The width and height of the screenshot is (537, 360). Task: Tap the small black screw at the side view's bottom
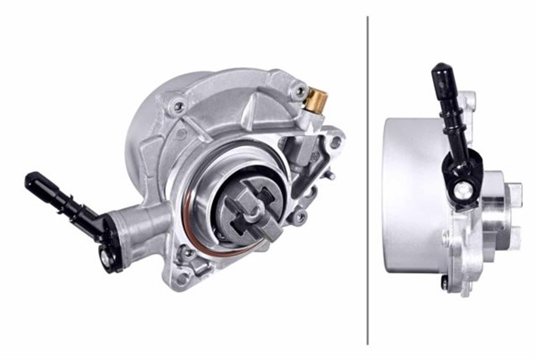click(444, 284)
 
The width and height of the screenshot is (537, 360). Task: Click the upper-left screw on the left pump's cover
click(178, 107)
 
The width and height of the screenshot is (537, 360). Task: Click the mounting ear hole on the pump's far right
click(336, 142)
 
